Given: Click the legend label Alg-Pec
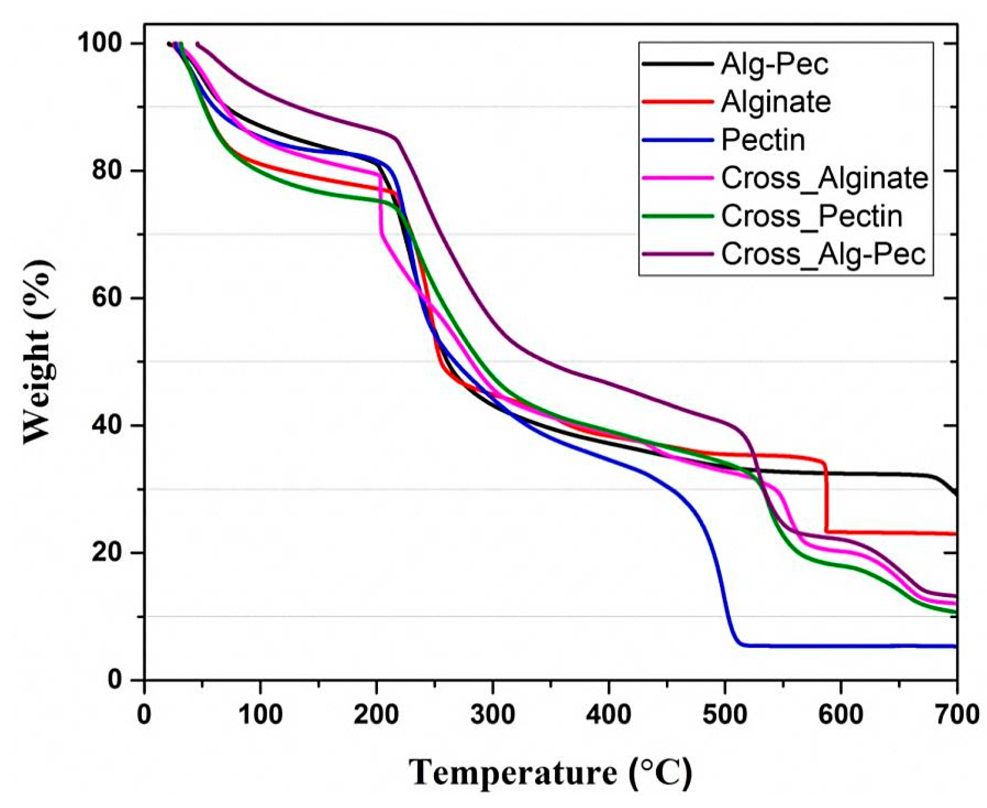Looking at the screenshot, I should (774, 64).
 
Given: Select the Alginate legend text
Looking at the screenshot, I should (776, 102).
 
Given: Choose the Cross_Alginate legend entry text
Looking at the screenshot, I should (824, 178).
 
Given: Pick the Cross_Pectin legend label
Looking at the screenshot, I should (812, 216).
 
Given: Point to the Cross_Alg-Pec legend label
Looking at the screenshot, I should (823, 254).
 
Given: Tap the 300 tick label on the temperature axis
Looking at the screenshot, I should (492, 715).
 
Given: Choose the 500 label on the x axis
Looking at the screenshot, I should (724, 715).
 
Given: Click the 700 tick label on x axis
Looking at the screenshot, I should (956, 715).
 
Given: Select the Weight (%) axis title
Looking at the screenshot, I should (39, 352).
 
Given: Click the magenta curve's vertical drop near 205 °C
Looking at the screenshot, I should (381, 205).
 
